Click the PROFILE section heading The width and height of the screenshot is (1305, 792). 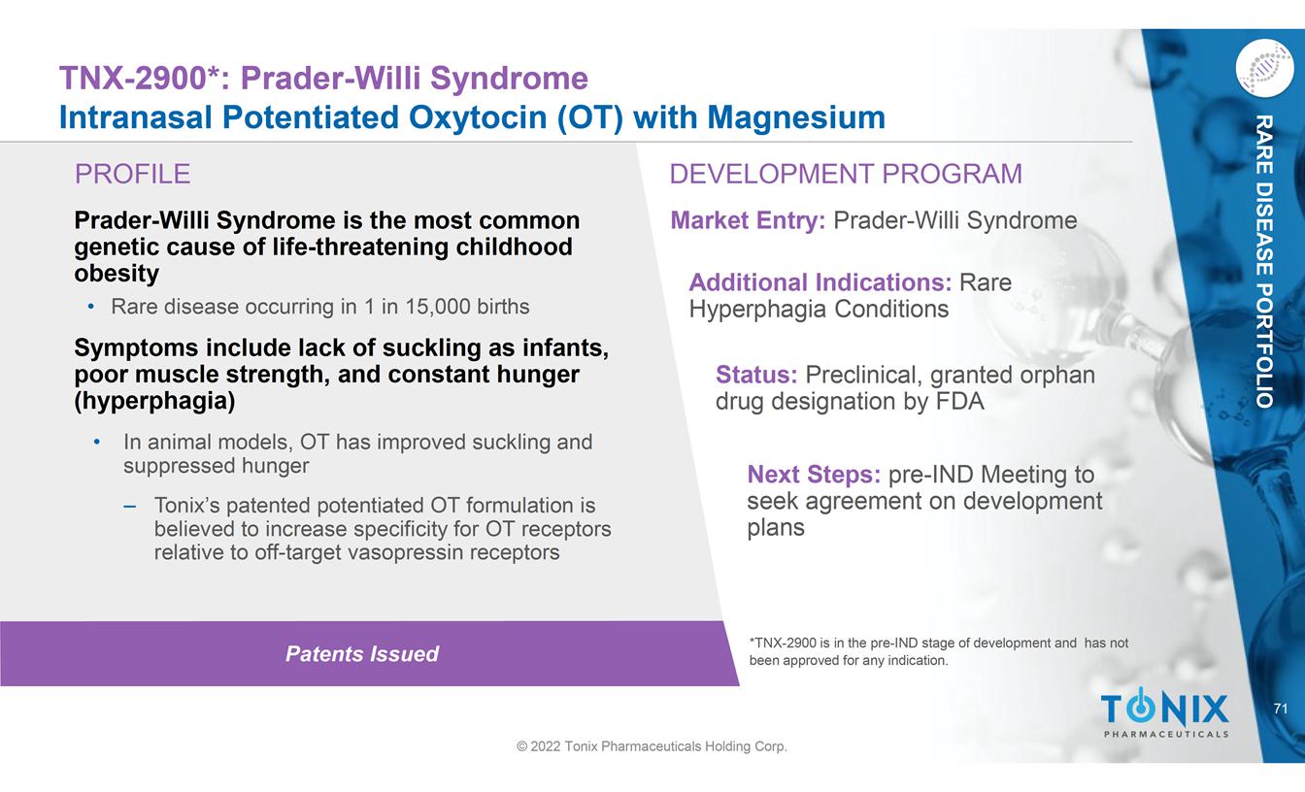tap(133, 174)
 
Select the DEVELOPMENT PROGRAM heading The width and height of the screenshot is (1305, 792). tap(846, 174)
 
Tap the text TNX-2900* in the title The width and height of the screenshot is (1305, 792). tap(140, 78)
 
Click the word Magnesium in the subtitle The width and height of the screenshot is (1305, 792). tap(796, 118)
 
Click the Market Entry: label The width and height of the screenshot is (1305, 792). tap(748, 220)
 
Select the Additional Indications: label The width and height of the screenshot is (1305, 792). tap(820, 282)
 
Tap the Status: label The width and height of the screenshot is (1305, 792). tap(756, 375)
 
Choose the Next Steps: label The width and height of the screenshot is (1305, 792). tap(814, 474)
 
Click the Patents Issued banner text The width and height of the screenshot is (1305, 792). tap(362, 654)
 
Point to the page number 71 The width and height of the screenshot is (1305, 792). tap(1280, 709)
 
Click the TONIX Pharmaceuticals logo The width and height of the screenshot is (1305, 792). tap(1165, 713)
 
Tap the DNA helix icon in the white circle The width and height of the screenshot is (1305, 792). tap(1264, 69)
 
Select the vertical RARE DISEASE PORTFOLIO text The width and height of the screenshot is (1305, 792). tap(1263, 261)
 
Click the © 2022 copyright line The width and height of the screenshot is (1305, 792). tap(652, 746)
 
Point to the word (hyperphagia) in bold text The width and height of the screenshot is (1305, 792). tap(154, 401)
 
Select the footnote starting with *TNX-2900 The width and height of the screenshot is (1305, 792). tap(939, 651)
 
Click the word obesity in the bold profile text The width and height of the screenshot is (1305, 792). tap(117, 274)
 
